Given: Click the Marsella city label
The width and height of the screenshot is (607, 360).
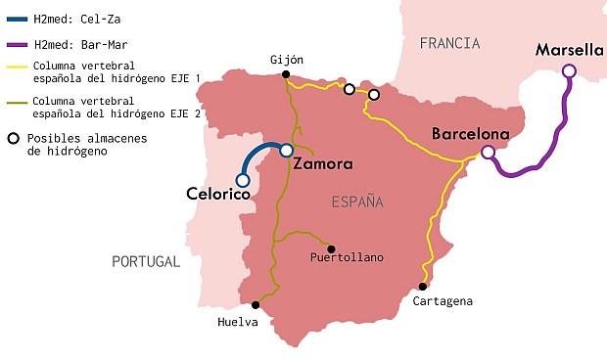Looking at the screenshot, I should click(x=570, y=50).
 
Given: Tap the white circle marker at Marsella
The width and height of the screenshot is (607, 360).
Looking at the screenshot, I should click(x=568, y=69).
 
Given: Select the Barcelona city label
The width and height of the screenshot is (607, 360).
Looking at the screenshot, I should click(x=471, y=134).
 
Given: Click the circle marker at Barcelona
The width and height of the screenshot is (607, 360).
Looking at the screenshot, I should click(x=487, y=152).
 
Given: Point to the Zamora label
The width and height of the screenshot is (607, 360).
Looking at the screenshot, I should click(x=322, y=165).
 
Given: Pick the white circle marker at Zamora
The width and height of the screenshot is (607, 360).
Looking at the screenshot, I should click(x=286, y=151).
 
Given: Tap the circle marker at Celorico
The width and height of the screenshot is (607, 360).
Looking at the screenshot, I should click(x=243, y=180).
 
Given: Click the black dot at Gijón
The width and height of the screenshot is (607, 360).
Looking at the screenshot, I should click(x=285, y=74).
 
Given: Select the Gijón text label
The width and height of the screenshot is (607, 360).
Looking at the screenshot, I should click(x=287, y=59).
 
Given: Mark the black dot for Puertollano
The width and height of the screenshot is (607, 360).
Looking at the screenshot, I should click(x=331, y=248).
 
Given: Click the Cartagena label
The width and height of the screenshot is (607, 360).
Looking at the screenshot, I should click(x=443, y=301).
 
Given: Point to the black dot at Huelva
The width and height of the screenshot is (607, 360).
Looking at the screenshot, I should click(x=256, y=303).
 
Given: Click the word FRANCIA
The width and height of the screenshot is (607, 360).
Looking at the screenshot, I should click(x=449, y=43).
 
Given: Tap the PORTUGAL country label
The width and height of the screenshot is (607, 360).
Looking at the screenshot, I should click(x=146, y=261).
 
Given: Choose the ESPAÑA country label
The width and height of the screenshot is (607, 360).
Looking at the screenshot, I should click(x=356, y=202).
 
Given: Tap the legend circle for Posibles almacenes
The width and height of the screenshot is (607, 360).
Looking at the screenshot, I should click(x=14, y=138).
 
